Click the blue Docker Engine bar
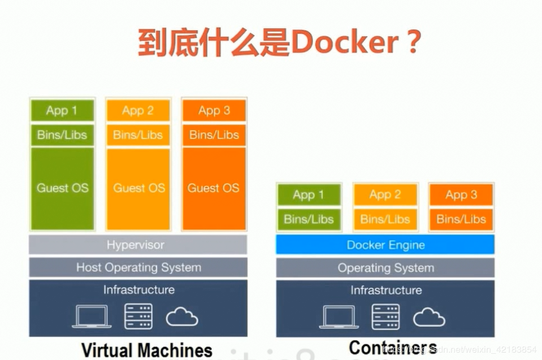[x=385, y=245]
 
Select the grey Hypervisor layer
[x=138, y=245]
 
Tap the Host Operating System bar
[x=138, y=267]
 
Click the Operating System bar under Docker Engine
[x=385, y=268]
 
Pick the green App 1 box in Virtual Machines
[x=62, y=111]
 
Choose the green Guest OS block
[x=62, y=188]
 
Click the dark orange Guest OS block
[x=214, y=188]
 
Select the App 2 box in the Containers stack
[x=385, y=195]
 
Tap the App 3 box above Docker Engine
[x=461, y=195]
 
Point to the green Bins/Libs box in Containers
[x=309, y=219]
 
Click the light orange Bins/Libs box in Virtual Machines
[x=138, y=135]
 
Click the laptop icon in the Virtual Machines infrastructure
[x=92, y=317]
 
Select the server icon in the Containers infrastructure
[x=385, y=317]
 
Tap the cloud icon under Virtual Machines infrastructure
[x=182, y=318]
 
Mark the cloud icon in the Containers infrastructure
[x=429, y=318]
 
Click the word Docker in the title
[x=343, y=42]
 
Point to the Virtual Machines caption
[x=146, y=350]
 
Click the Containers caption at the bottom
[x=392, y=348]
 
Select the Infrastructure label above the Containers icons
[x=385, y=290]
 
